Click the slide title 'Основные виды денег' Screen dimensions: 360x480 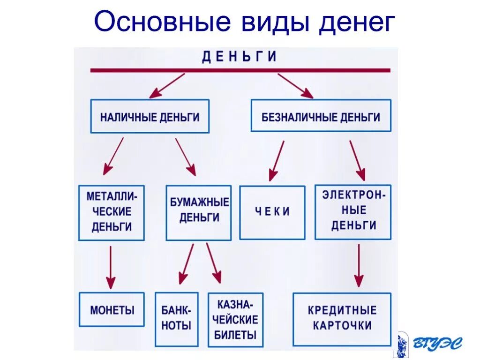244,23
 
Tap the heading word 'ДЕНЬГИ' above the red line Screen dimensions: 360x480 240,57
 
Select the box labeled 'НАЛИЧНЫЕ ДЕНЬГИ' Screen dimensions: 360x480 150,116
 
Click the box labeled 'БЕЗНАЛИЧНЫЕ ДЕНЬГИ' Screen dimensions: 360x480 321,116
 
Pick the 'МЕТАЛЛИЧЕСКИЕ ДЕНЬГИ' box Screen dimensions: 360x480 112,212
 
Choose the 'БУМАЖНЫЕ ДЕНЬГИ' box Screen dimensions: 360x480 199,212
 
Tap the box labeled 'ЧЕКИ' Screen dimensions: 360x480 272,212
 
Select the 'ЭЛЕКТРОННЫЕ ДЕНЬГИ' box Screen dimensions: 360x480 353,212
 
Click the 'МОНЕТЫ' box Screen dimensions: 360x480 112,309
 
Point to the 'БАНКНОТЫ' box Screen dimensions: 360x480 176,319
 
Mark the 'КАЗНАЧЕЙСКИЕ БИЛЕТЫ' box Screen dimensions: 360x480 235,320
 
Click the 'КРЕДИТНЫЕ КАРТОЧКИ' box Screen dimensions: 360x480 342,319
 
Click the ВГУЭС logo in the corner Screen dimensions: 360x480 427,345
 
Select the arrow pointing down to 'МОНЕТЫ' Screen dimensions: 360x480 111,267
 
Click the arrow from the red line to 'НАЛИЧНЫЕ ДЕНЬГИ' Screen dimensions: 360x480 167,86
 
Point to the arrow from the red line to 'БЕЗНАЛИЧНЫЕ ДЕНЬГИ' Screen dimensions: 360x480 295,86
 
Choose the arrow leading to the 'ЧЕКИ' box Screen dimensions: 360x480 277,161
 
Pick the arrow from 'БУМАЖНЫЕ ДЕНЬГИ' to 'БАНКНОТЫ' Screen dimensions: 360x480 187,263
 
